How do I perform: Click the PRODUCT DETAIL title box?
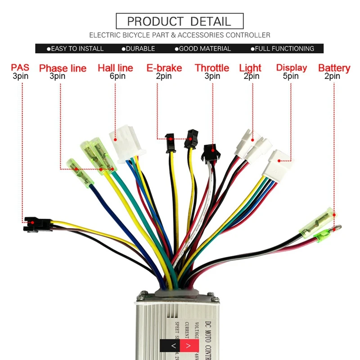(180, 21)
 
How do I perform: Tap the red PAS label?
(20, 67)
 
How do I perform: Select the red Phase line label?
(63, 68)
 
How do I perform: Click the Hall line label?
(115, 68)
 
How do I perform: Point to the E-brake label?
(164, 68)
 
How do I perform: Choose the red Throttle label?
(212, 68)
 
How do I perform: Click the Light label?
(250, 68)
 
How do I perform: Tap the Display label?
(292, 68)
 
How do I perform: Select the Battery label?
(334, 68)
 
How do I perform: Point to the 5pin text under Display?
(291, 76)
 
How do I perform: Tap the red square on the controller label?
(189, 346)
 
